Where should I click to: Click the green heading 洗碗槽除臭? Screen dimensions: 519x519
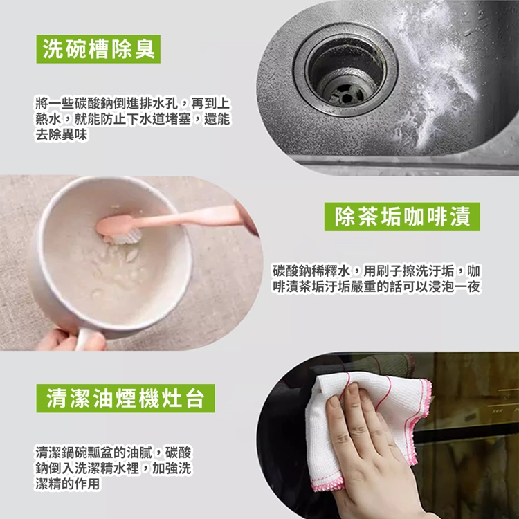tap(98, 49)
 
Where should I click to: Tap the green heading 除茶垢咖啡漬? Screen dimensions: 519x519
tap(402, 217)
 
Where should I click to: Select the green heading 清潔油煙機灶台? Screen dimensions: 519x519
tap(125, 399)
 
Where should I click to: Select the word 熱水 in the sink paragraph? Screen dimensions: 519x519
tap(47, 120)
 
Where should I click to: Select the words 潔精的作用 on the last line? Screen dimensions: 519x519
tap(68, 484)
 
